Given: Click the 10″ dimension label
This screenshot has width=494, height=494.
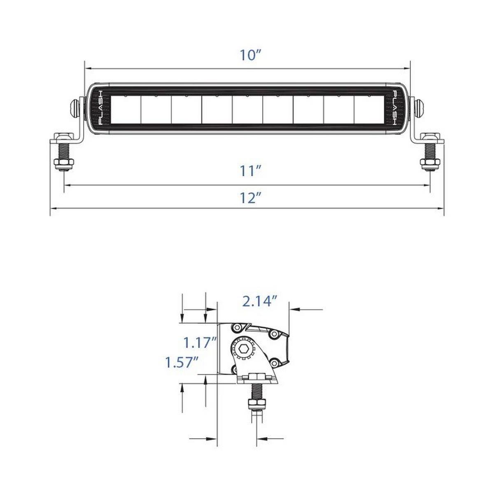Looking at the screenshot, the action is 250,55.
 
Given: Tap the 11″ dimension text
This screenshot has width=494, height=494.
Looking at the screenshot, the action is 250,171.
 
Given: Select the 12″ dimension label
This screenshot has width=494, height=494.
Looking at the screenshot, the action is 250,198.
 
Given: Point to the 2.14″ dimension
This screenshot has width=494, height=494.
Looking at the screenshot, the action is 260,301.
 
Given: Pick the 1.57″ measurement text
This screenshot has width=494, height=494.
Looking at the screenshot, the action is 182,363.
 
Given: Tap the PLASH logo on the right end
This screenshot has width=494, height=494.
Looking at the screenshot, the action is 395,108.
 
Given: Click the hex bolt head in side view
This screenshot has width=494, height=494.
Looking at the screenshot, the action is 243,349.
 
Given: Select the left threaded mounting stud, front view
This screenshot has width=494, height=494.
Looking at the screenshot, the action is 63,151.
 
